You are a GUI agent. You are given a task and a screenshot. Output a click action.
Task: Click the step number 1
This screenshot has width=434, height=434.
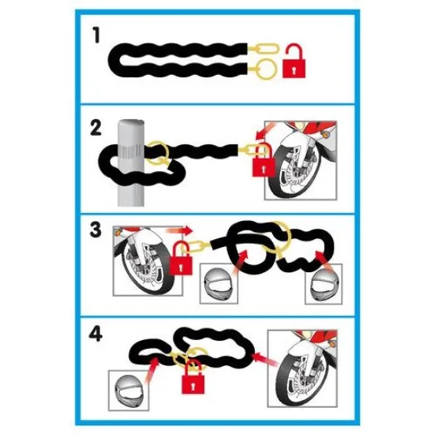point(96,36)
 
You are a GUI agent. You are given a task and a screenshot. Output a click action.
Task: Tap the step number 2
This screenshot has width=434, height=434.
point(95,128)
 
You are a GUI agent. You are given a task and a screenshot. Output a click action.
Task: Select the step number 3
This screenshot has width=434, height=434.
point(95,230)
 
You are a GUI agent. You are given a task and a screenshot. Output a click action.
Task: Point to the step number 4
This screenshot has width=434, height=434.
point(95,334)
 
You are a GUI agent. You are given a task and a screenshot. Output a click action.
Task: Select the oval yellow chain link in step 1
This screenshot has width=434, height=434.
point(267,48)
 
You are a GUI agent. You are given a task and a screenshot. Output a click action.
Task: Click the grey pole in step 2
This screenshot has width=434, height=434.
point(131,163)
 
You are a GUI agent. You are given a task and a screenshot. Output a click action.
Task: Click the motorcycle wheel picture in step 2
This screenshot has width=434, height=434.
point(301,160)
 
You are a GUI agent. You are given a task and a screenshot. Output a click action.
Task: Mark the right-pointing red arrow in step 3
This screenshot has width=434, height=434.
point(179,230)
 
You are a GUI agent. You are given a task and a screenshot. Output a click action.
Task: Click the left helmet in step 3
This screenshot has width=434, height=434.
point(219,284)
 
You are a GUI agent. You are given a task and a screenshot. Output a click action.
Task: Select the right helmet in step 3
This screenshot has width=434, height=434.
point(324,284)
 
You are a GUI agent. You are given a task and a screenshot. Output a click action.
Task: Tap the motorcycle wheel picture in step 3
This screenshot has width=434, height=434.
point(148,261)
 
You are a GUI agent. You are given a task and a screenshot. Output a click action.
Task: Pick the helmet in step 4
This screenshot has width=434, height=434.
point(129,391)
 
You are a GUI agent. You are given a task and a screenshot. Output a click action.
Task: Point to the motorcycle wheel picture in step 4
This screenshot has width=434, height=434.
point(302,369)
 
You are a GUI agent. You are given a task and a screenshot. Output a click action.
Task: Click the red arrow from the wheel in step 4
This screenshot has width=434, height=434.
point(267,359)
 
